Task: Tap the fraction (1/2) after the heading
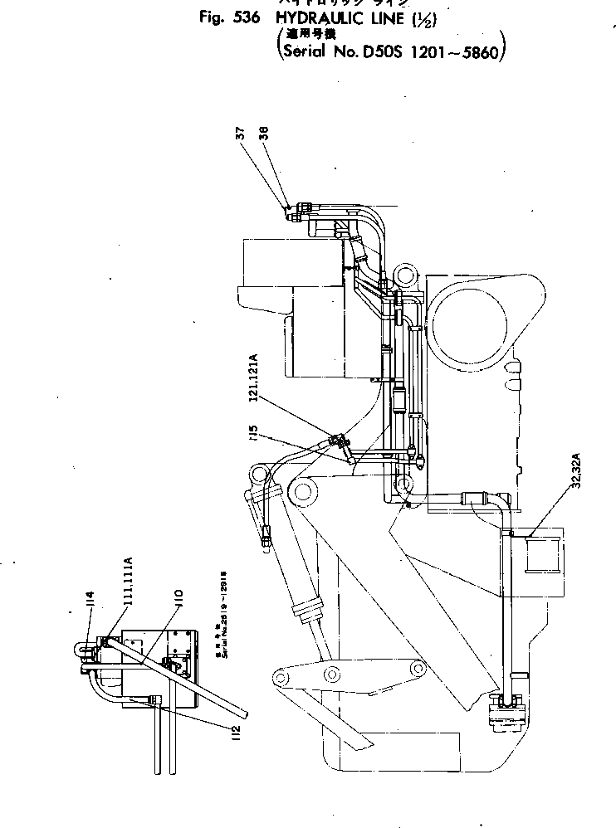click(436, 17)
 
